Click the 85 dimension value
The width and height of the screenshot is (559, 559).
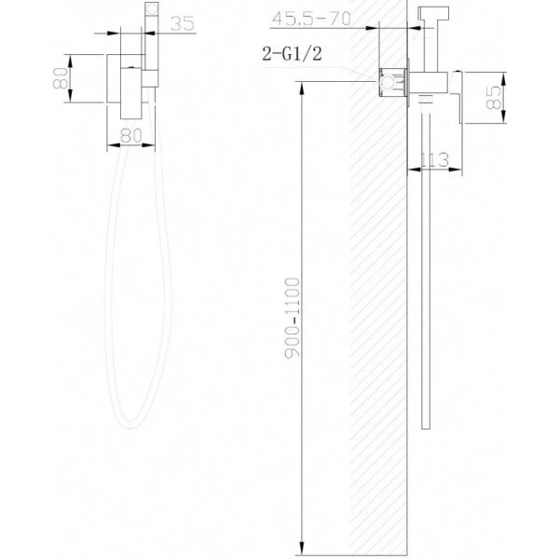(494, 96)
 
